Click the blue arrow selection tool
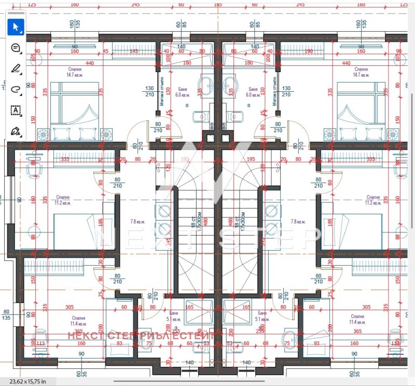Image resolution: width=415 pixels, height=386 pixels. coord(15,26)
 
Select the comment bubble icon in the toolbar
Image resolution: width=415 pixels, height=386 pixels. coord(15,48)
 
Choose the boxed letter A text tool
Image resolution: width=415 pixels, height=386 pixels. coord(15,110)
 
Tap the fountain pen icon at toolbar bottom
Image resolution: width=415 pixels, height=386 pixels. coord(15,130)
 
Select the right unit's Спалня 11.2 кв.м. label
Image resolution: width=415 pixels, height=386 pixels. coord(373,200)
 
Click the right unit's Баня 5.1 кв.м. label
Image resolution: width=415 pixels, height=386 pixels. coord(261,316)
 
